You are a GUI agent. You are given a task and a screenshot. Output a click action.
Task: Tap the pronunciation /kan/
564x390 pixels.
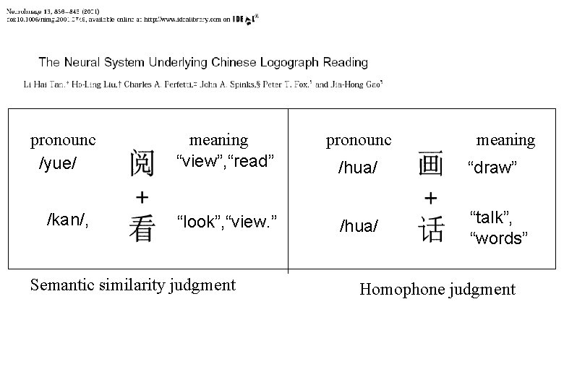67,219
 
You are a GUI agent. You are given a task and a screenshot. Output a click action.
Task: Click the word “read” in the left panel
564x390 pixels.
251,160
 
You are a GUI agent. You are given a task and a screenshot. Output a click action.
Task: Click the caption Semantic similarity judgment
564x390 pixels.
133,285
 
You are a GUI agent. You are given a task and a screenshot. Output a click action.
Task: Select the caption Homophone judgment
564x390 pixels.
437,290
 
